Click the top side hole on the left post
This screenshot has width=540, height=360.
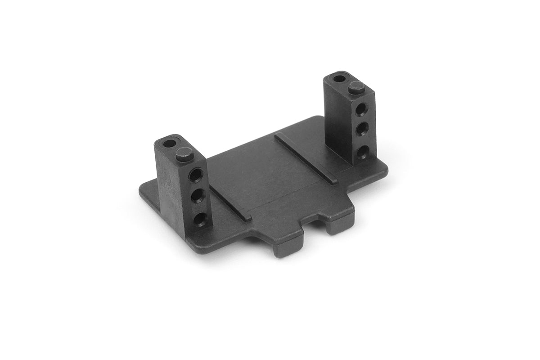(x=197, y=173)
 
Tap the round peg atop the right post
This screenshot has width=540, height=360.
(x=356, y=86)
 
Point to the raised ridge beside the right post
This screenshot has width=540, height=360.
(x=306, y=157)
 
